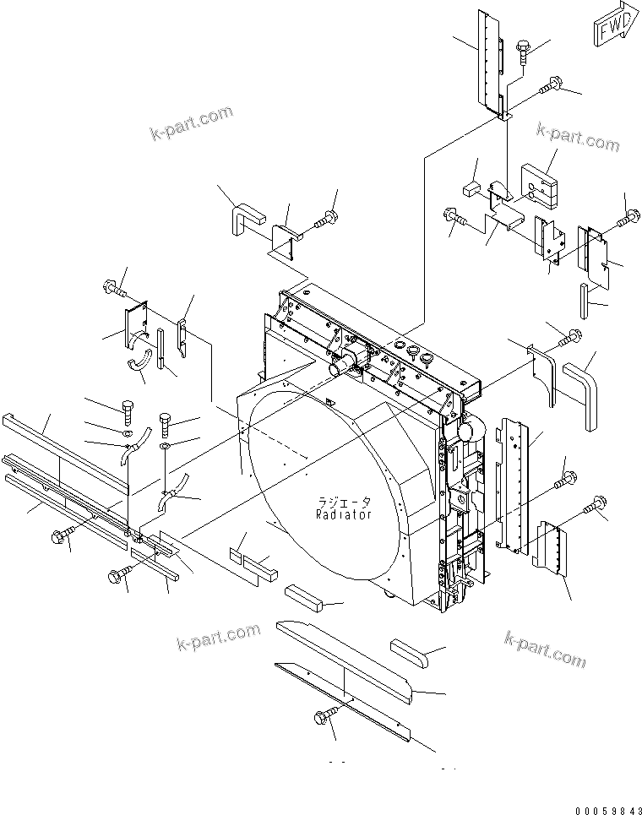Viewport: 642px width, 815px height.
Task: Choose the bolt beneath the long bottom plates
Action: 324,718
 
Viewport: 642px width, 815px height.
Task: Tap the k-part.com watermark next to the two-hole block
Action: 578,137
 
